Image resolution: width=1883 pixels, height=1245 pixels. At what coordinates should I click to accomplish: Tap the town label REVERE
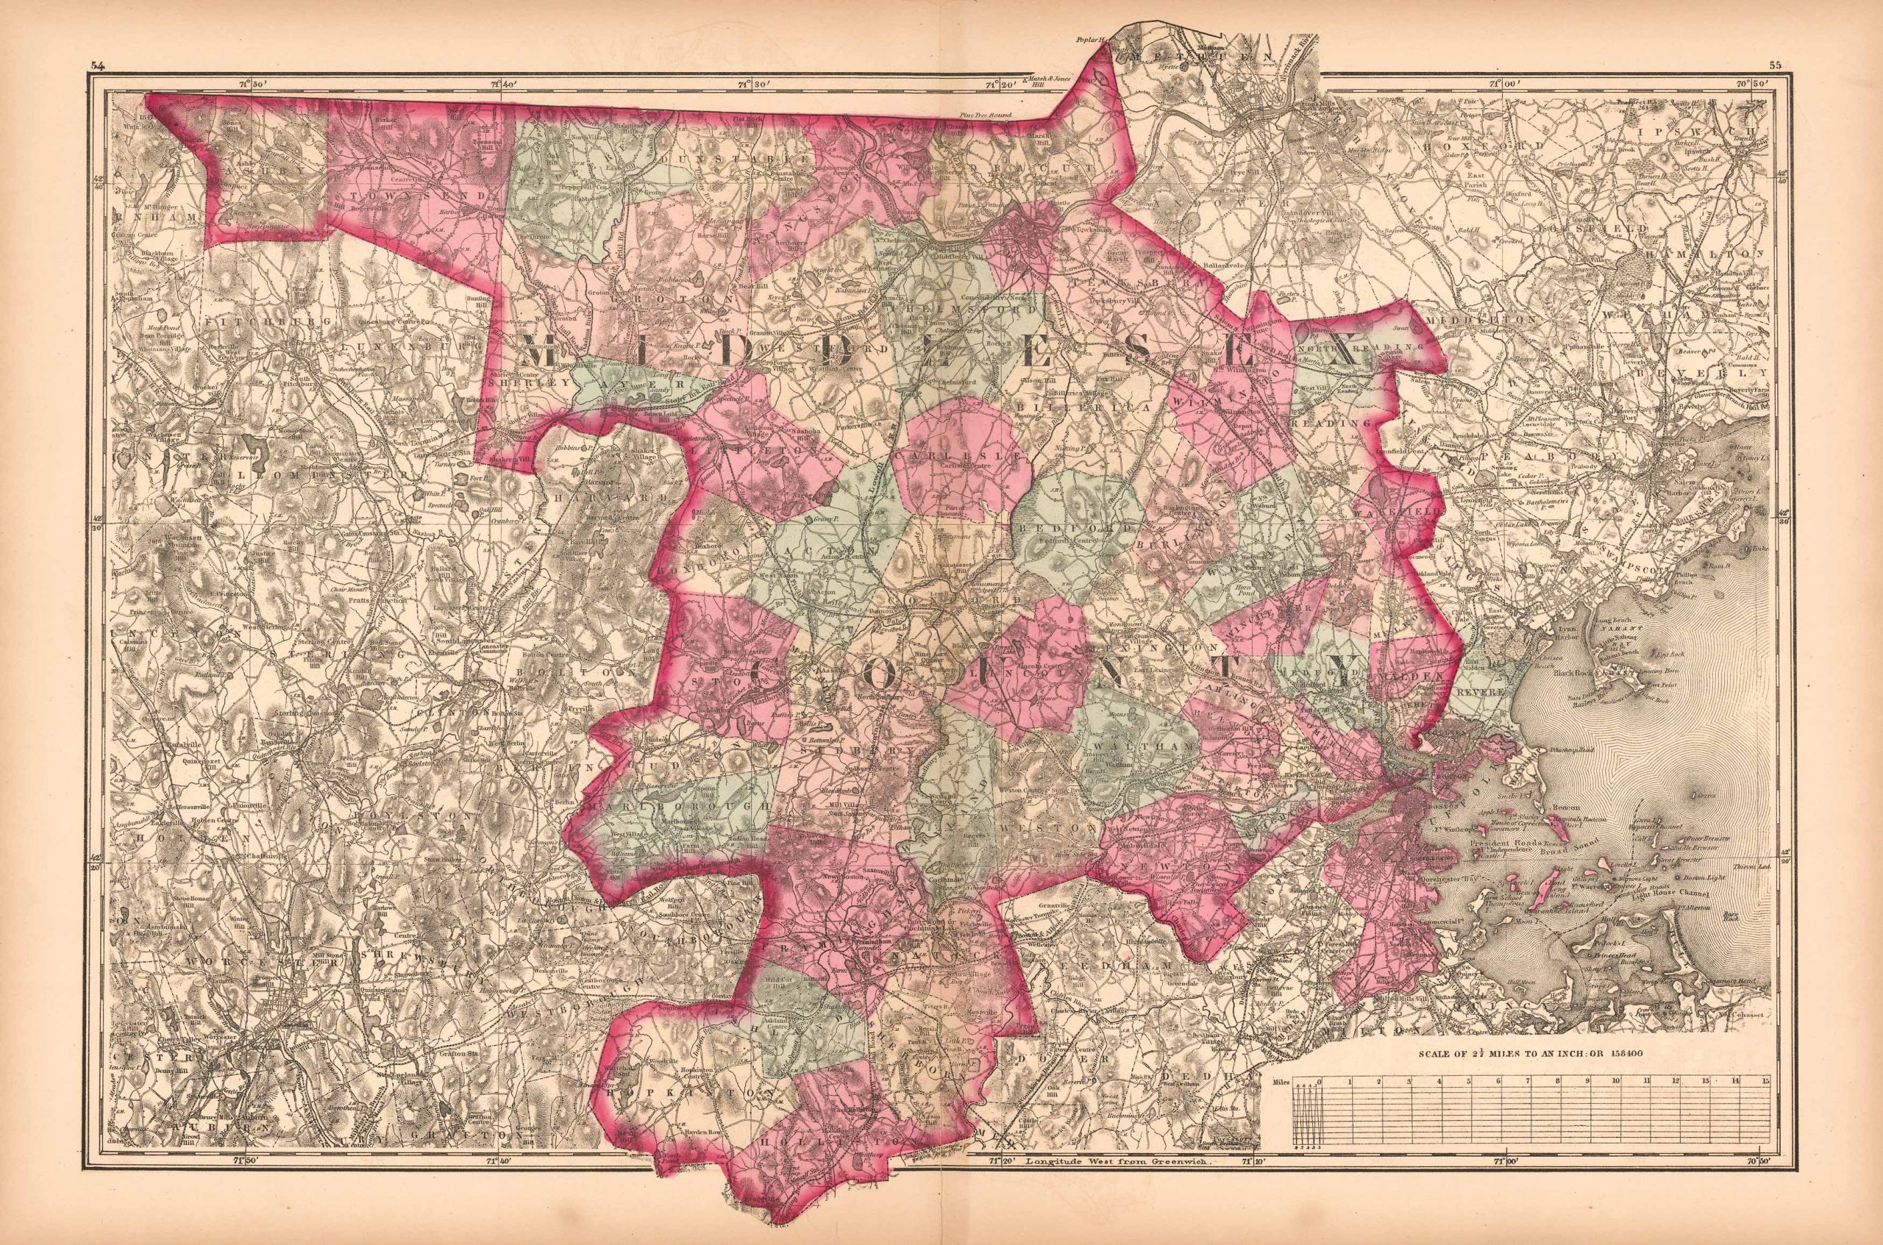[1484, 693]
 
